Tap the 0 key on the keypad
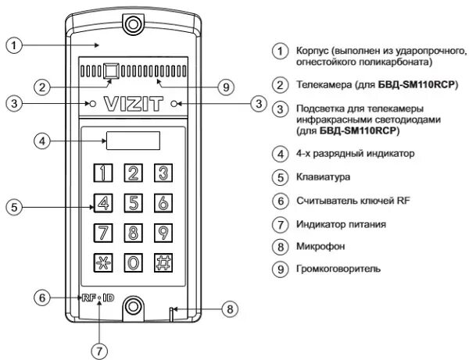(134, 262)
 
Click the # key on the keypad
(162, 262)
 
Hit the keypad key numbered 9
(162, 233)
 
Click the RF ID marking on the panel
(98, 298)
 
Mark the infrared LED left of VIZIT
(91, 103)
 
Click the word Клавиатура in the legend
(318, 177)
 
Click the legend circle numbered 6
(279, 201)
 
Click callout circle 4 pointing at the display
(44, 141)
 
